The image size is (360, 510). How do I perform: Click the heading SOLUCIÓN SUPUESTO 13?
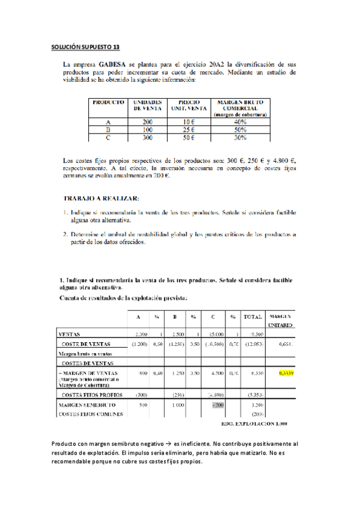tap(86, 46)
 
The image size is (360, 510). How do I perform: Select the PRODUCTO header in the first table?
tap(108, 103)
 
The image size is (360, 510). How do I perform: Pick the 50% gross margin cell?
tap(240, 129)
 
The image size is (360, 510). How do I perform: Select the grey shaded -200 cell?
tap(217, 405)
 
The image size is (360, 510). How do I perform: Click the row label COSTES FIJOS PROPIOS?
tap(92, 395)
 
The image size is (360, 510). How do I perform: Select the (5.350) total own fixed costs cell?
tap(254, 395)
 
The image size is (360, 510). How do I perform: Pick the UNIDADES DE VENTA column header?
tap(148, 106)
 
